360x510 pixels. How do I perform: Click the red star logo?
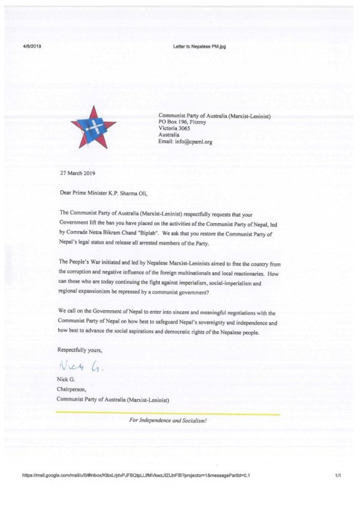click(93, 127)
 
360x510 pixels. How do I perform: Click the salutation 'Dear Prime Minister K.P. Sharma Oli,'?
click(103, 193)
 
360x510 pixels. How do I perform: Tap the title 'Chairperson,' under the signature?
click(72, 389)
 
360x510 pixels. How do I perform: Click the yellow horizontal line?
click(167, 414)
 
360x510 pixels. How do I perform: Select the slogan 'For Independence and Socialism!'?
click(168, 421)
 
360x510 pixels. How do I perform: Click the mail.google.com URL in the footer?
click(136, 475)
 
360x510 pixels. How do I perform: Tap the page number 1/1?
click(338, 475)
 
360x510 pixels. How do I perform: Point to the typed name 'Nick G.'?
click(66, 380)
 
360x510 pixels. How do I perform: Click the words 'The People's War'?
click(81, 262)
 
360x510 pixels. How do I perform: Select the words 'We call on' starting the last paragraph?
click(71, 313)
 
